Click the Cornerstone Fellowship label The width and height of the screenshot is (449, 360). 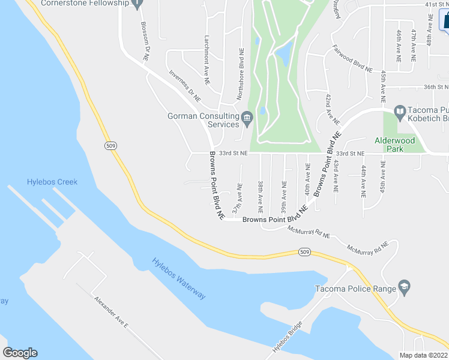tap(85, 4)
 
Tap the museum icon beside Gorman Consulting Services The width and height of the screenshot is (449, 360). tap(247, 120)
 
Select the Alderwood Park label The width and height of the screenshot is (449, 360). tap(394, 144)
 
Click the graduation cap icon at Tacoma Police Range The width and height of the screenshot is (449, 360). tap(404, 288)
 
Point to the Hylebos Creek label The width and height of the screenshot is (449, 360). tap(52, 182)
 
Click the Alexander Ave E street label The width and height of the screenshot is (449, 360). tap(111, 312)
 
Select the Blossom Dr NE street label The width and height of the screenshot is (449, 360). tap(144, 41)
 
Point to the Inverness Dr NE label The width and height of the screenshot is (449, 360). tap(185, 85)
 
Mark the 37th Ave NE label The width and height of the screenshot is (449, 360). tap(239, 197)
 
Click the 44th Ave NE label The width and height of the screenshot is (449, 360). tap(363, 182)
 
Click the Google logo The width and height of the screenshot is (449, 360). tap(20, 353)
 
